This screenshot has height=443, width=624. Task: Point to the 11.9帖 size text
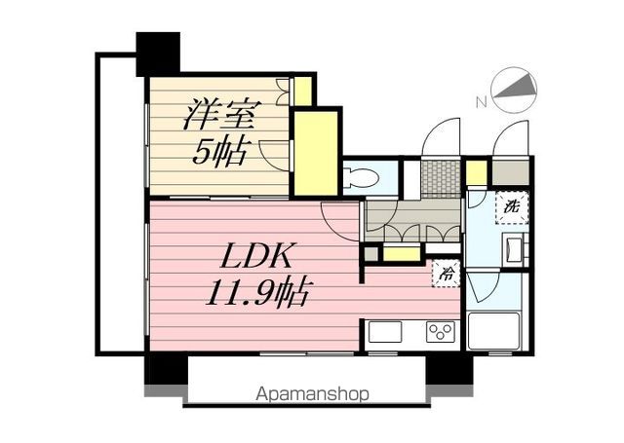(250, 290)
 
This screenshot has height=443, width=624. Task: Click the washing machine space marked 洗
(511, 206)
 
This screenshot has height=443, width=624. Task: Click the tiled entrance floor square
(441, 177)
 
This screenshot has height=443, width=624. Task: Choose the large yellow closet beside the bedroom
(315, 153)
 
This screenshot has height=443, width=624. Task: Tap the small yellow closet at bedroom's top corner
(303, 91)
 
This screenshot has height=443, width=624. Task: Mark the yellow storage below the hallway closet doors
(400, 254)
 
